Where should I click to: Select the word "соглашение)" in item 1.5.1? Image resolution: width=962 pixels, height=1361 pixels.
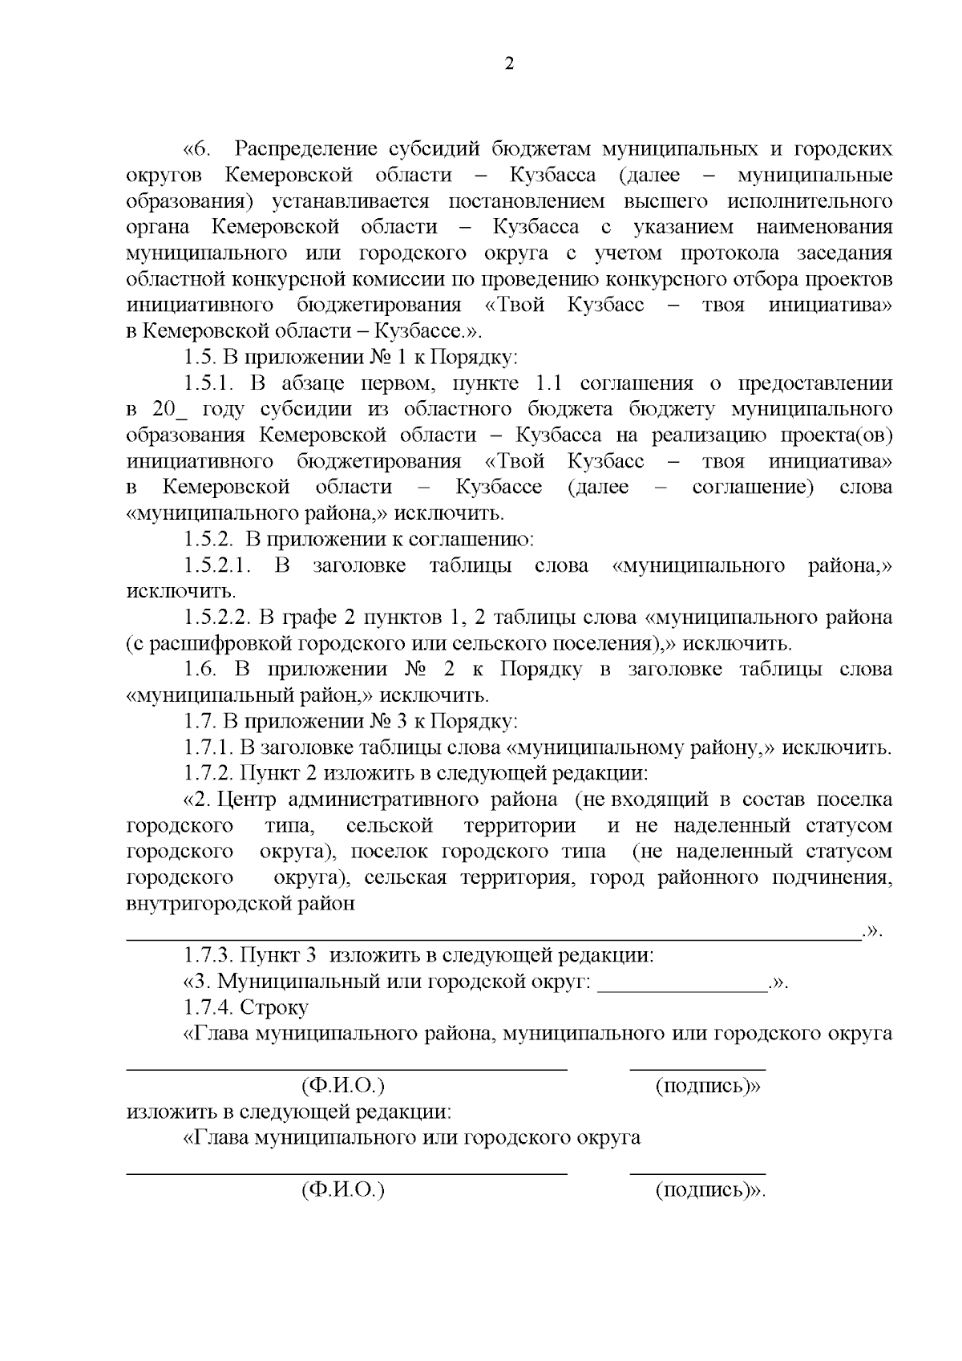click(753, 487)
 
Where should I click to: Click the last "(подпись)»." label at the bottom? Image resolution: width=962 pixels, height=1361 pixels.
click(710, 1190)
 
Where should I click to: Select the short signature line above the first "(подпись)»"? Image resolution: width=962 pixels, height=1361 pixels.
click(697, 1068)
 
